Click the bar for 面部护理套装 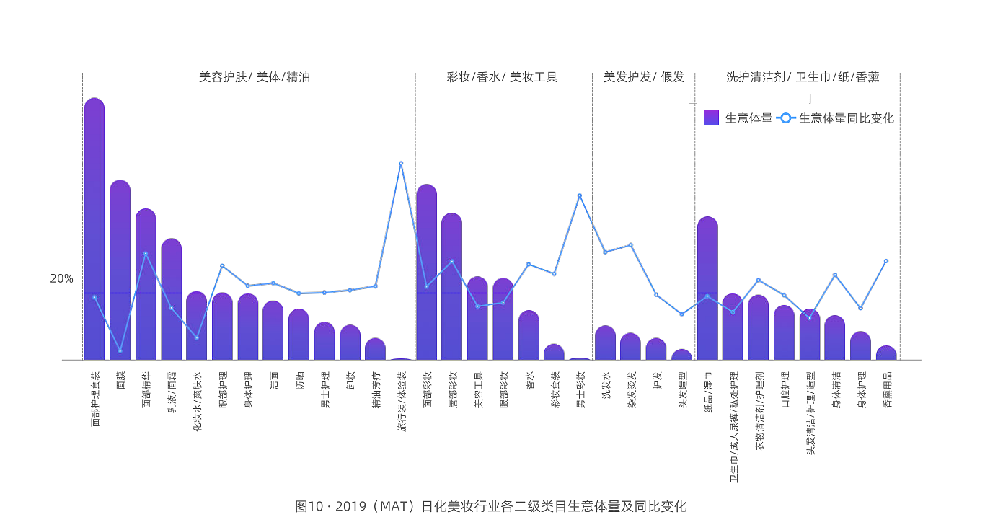[x=94, y=231]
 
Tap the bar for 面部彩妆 [x=426, y=274]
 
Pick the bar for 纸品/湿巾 [x=707, y=288]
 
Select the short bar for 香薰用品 [x=886, y=353]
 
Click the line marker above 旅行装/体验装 [x=401, y=163]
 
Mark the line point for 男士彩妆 [x=579, y=195]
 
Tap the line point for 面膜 [x=120, y=351]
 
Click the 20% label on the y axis [x=61, y=279]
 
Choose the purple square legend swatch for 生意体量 [x=711, y=118]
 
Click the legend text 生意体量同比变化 [x=846, y=118]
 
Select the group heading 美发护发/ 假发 [x=643, y=77]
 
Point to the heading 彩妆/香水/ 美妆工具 [x=502, y=77]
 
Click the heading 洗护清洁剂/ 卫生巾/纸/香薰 [x=803, y=77]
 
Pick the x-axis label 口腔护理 [x=785, y=389]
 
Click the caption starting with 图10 [x=491, y=506]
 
